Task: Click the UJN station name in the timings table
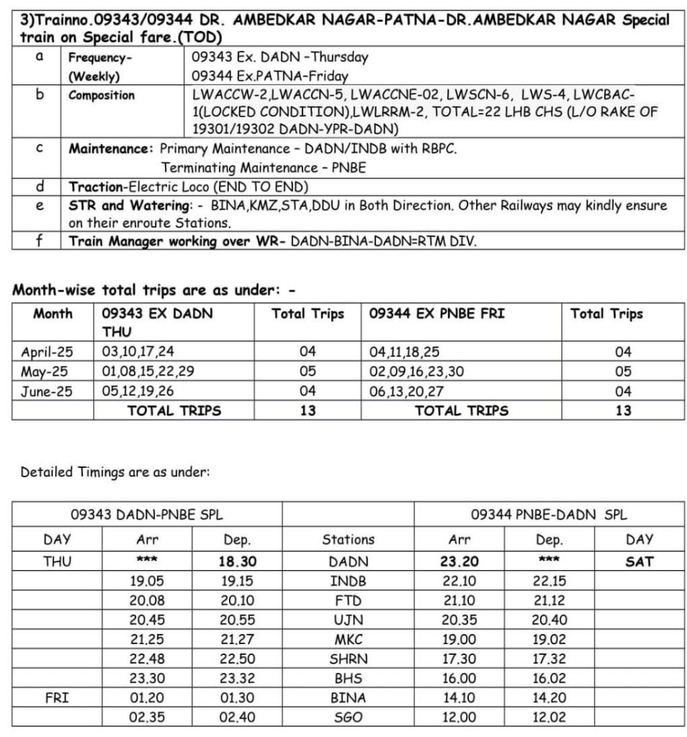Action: (349, 620)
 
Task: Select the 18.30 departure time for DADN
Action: (238, 561)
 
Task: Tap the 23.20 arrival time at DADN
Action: (459, 561)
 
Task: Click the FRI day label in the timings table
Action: (57, 697)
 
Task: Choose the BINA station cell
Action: (349, 697)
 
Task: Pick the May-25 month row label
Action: (47, 371)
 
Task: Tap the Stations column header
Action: (349, 539)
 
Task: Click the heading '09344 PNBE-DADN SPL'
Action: (549, 515)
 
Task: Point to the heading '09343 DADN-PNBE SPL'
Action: (146, 515)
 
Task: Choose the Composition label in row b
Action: (102, 95)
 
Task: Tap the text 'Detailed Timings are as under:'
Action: (114, 472)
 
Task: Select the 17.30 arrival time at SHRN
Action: (459, 659)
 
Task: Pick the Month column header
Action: (53, 314)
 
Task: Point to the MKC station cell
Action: (349, 639)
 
